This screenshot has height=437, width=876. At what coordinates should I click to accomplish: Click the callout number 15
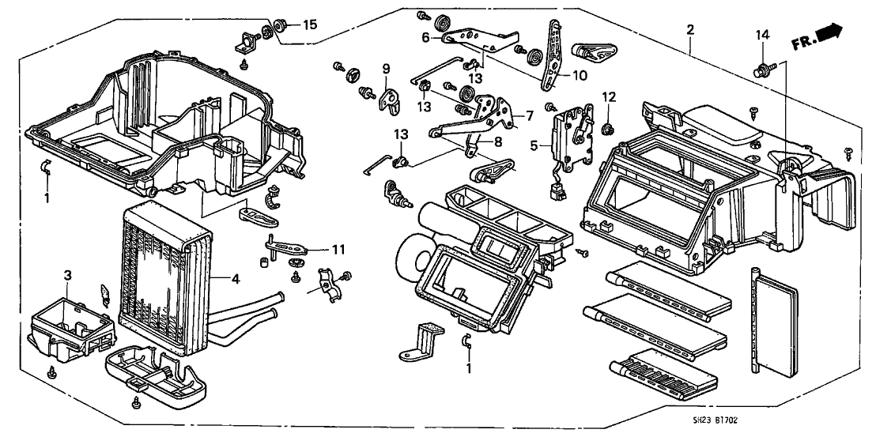[x=309, y=25]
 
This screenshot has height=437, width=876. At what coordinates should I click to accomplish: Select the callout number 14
[x=761, y=36]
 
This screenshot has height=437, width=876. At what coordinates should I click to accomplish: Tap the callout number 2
[x=690, y=30]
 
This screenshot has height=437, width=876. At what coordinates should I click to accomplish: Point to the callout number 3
[x=67, y=275]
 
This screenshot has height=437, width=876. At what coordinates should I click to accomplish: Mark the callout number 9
[x=387, y=68]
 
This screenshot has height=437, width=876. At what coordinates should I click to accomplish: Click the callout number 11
[x=339, y=249]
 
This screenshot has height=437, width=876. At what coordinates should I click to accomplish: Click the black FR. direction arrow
[x=827, y=32]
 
